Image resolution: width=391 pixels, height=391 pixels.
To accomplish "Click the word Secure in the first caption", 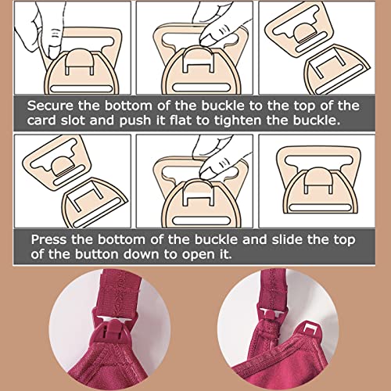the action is coord(50,106).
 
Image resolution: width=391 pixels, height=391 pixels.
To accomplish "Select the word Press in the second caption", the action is coord(48,239).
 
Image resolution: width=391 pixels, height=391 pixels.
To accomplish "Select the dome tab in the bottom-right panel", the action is coord(318,181).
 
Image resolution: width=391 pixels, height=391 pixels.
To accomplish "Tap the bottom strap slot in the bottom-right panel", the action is coord(319,208).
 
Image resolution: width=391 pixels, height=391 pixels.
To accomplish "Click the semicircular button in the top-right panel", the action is coord(304,33).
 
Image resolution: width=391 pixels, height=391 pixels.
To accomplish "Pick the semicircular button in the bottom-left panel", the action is coord(62,166).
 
